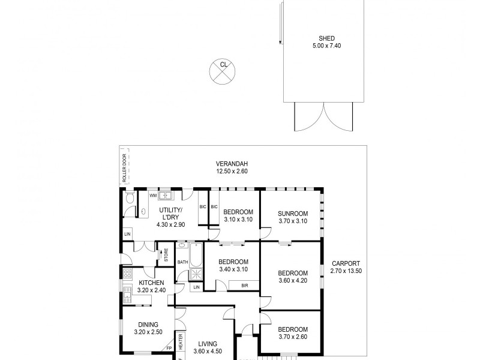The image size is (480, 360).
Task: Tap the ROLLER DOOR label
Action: click(x=125, y=168)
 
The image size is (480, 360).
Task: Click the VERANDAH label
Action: click(x=232, y=164)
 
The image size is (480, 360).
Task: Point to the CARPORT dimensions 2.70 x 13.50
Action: click(x=345, y=271)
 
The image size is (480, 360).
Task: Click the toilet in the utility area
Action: click(x=130, y=199)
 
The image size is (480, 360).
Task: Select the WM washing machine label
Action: click(x=153, y=196)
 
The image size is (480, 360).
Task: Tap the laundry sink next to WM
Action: click(x=166, y=195)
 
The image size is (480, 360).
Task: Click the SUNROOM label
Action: click(x=293, y=213)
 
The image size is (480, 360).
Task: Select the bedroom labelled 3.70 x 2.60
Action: click(x=293, y=333)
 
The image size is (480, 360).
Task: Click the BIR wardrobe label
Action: click(x=244, y=286)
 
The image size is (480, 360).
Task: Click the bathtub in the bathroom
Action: click(x=196, y=254)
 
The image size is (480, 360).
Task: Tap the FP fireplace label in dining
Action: click(x=169, y=347)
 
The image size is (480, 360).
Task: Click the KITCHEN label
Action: click(x=152, y=283)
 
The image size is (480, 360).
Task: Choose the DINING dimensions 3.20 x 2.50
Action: click(x=147, y=332)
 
